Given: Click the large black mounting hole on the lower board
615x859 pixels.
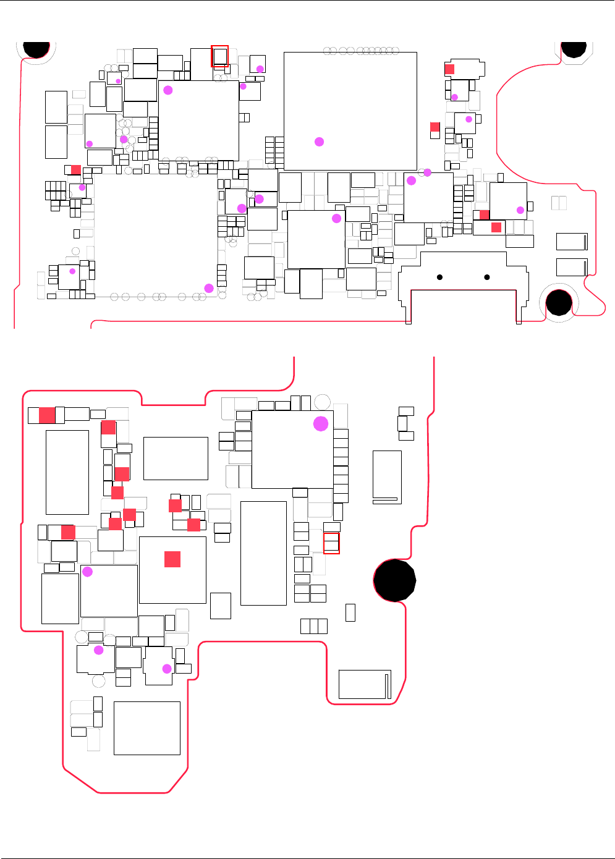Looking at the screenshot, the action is coord(394,580).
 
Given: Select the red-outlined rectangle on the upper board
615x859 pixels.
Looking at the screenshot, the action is coord(220,56).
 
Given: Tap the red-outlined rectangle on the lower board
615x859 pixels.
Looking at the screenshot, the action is coord(331,543).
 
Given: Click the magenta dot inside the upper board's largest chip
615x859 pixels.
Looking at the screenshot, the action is coord(319,142).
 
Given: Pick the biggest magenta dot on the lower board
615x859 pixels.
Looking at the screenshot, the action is coord(321,423).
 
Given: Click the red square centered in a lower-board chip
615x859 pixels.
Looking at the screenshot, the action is coord(172,559).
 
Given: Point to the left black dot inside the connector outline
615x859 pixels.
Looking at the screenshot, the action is coord(439,277).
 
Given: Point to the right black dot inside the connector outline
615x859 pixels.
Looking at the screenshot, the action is coord(487,277).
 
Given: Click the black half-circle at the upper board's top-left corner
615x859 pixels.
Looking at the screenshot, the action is coord(36,49).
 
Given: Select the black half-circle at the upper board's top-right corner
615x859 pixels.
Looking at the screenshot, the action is coord(574,49).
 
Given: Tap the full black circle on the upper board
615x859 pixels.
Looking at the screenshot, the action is coord(559,303).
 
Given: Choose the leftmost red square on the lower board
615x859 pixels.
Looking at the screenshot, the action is coord(47,415).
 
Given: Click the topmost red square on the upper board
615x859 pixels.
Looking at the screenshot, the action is coord(449,69).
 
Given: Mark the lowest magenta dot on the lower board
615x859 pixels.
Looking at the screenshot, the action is coord(166,669).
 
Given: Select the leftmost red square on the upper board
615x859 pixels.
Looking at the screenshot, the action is coord(76,169).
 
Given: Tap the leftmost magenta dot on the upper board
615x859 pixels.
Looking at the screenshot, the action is coord(72,271).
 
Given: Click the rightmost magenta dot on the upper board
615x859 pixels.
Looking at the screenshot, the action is coord(520,210).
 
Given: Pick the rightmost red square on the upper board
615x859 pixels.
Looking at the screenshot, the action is coord(496,227).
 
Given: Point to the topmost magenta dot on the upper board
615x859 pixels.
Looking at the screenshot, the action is coord(260,69).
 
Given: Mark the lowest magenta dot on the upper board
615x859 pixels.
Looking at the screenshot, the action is coord(209,288).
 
